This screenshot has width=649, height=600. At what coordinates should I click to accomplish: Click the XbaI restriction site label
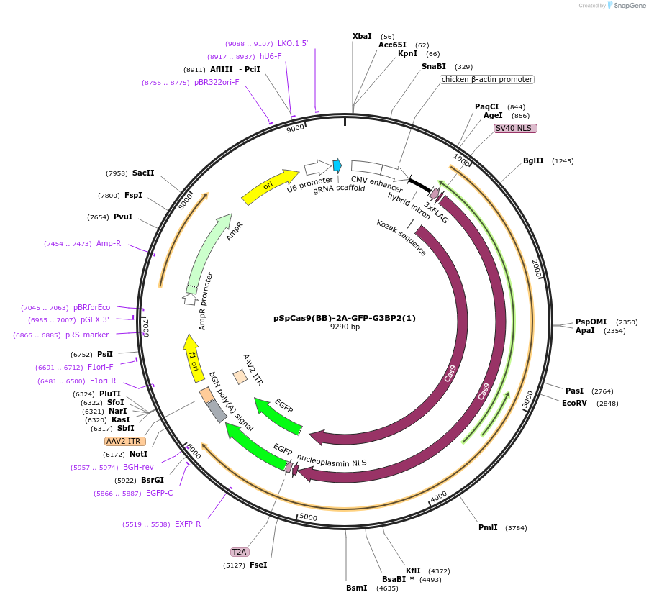(x=362, y=36)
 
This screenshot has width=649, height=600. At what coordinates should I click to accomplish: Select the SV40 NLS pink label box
(x=515, y=128)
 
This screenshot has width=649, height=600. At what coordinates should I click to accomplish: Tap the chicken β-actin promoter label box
(x=487, y=79)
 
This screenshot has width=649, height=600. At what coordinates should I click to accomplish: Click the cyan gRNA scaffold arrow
(x=337, y=165)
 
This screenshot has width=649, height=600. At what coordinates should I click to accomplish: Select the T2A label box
(x=239, y=552)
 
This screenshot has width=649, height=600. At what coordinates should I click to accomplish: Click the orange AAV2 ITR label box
(x=125, y=441)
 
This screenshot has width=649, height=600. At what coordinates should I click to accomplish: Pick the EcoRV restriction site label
(x=574, y=403)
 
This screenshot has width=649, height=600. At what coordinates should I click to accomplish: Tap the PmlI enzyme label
(x=488, y=527)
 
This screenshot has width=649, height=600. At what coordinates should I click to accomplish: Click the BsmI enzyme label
(x=356, y=588)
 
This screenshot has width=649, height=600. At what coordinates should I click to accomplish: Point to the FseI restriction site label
(x=258, y=565)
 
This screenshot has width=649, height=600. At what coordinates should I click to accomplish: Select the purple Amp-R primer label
(x=109, y=243)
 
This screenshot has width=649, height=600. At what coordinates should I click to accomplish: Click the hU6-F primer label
(x=271, y=56)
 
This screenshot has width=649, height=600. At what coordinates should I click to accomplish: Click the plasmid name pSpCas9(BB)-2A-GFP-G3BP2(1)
(x=345, y=317)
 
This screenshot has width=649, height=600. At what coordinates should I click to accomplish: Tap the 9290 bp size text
(x=345, y=327)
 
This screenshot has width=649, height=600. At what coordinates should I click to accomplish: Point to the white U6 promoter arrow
(x=317, y=168)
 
